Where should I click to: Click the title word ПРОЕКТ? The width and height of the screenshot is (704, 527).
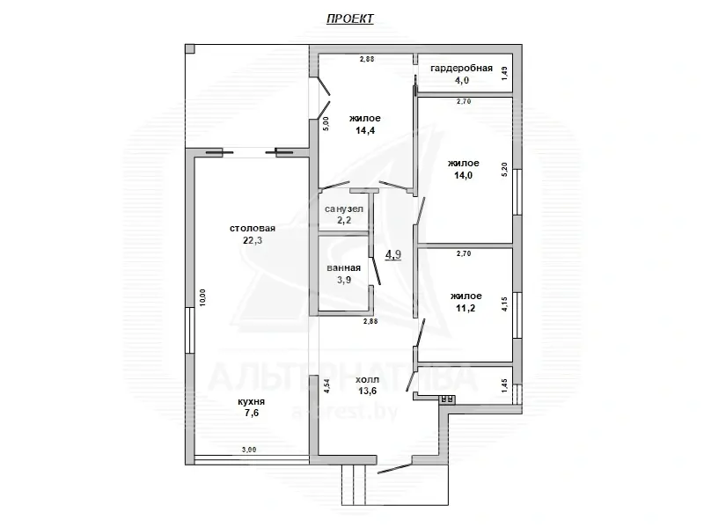pos(350,19)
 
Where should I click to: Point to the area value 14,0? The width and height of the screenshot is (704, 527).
pos(462,174)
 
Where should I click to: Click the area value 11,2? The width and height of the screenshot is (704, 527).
pos(465,309)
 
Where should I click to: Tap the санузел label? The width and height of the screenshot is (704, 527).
pos(344,209)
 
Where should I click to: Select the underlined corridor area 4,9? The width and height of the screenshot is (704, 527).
pos(393,255)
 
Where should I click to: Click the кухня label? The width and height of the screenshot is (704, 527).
pos(251,402)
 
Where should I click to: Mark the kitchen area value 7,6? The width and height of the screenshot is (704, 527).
pos(251,416)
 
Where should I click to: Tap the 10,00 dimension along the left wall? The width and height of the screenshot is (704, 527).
pos(203,297)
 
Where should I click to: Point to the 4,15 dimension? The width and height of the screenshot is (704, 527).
pos(504,304)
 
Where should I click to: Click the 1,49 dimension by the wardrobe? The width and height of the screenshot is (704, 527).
pos(504,74)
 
